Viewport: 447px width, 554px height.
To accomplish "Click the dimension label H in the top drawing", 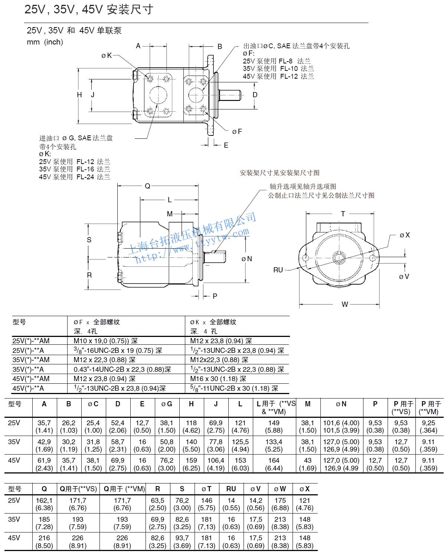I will click(x=79, y=95).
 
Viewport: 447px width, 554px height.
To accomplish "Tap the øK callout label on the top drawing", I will click(x=106, y=56).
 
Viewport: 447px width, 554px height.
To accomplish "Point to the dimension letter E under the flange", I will click(x=226, y=145).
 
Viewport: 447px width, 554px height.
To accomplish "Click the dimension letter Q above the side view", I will click(x=147, y=186).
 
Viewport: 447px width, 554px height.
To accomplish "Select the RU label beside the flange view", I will click(x=278, y=270).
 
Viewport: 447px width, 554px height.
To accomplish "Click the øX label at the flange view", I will click(x=405, y=235).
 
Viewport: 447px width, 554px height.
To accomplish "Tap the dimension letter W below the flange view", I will click(x=345, y=304).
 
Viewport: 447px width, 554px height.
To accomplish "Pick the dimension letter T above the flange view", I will click(x=343, y=214).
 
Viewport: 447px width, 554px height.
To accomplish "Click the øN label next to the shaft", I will click(x=247, y=259).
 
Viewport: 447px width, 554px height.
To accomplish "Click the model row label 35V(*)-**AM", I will click(x=31, y=360).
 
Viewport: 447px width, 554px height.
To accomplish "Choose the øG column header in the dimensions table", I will click(x=167, y=404).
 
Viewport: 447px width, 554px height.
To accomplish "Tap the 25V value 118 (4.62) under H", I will click(x=191, y=426).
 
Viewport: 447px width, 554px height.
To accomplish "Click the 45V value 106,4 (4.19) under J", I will click(x=216, y=464).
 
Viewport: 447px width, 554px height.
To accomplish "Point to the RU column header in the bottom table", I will click(x=231, y=489).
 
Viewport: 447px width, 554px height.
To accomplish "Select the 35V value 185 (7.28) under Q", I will click(x=44, y=523).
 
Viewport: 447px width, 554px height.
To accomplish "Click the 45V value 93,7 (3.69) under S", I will click(x=182, y=542).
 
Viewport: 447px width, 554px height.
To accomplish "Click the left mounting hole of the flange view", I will click(x=305, y=258).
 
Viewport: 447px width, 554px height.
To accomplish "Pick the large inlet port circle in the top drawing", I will click(x=158, y=95).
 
